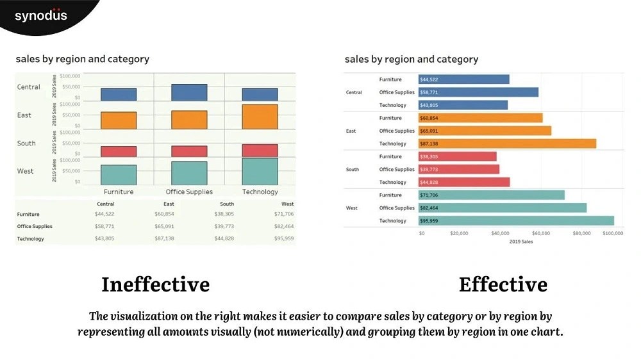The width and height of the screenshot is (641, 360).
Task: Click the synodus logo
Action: click(40, 15)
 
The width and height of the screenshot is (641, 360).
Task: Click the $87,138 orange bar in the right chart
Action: click(507, 143)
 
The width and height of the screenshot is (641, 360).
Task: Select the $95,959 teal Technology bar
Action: click(516, 221)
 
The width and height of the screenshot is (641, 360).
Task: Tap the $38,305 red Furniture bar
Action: click(457, 156)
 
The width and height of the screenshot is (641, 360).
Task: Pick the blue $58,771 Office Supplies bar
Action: click(478, 92)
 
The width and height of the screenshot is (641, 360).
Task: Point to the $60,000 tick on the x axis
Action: click(541, 234)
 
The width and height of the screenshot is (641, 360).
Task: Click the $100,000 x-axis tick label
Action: click(613, 234)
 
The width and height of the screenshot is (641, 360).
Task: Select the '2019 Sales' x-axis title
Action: click(520, 241)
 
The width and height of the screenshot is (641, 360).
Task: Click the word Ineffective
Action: click(155, 284)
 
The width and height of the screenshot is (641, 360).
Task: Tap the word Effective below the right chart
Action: click(503, 284)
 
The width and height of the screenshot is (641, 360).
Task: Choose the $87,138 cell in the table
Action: click(164, 238)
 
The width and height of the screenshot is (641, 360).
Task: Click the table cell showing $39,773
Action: click(224, 226)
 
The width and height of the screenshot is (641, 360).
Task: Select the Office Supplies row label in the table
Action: click(35, 226)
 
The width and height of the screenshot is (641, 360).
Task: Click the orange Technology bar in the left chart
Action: click(260, 117)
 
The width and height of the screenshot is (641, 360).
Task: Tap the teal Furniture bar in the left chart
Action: click(119, 175)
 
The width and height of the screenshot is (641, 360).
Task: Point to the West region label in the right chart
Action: click(352, 208)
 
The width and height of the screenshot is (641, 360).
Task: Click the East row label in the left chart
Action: click(24, 115)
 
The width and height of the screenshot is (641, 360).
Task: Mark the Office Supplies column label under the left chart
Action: click(189, 192)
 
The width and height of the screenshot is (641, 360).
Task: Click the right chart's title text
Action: click(412, 60)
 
